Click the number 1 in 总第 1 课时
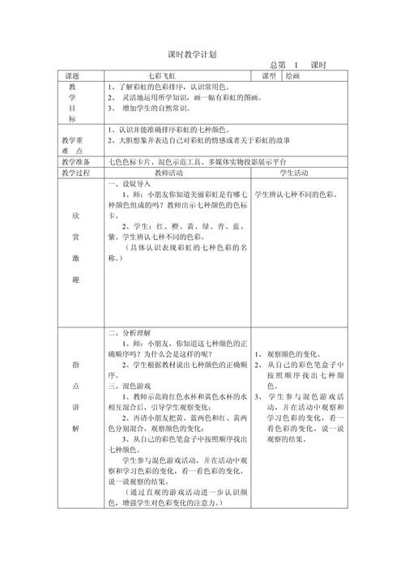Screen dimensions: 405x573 (296, 65)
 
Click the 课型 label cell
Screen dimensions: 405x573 (269, 75)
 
